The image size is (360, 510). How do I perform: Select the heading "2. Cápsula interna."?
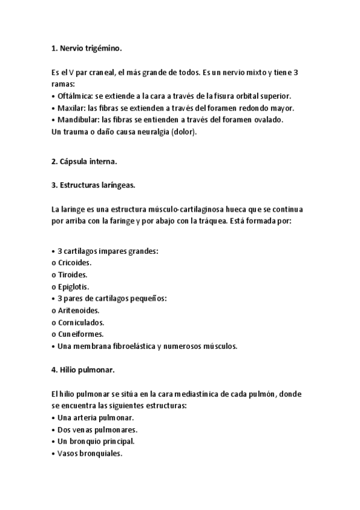pos(84,162)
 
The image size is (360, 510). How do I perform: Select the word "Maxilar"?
pos(71,108)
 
